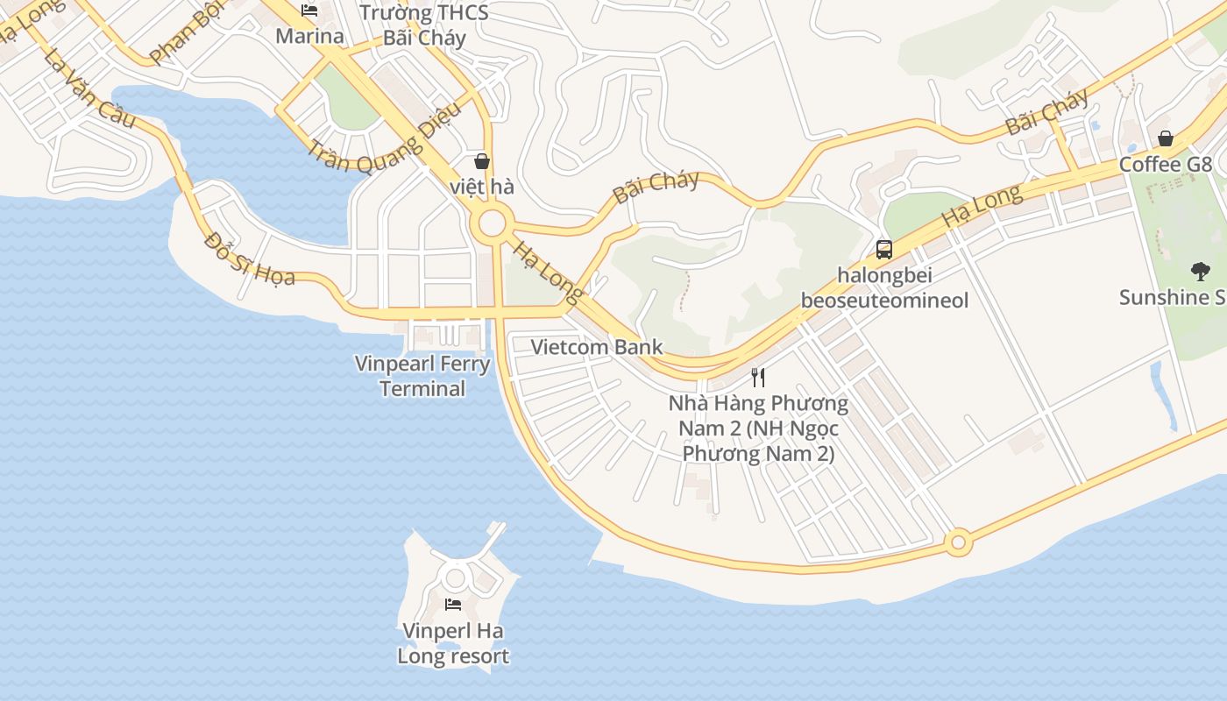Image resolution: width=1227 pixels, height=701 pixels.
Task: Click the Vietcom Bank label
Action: coord(597,347)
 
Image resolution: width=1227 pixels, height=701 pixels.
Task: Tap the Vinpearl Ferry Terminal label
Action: coord(422,376)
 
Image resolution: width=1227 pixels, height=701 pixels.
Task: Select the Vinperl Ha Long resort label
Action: coord(453,643)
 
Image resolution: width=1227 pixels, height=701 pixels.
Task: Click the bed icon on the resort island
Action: coord(453,604)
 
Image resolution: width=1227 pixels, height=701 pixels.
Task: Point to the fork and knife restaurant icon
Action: coord(758,378)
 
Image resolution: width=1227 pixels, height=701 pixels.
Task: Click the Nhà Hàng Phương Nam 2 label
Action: coord(758,428)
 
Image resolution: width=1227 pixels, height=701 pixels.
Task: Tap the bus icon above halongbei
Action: coord(884,250)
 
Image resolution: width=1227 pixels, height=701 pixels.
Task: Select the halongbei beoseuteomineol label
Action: coord(884,287)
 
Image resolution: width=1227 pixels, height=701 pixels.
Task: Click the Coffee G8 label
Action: coord(1165,165)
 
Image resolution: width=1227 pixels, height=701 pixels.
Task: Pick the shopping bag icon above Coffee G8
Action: coord(1166,138)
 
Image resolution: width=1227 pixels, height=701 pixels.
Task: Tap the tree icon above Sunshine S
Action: coord(1200,271)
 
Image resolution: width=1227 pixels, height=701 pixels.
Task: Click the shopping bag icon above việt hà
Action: coord(481,161)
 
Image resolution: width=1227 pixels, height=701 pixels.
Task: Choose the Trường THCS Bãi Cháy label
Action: coord(424,25)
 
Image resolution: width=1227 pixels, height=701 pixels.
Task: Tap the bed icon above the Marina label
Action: coord(309,11)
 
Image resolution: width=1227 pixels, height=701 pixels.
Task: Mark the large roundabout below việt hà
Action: coord(492,224)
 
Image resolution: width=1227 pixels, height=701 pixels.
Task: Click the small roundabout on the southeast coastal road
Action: coord(958,542)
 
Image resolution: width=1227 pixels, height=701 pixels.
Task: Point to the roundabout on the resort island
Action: coord(455,577)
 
